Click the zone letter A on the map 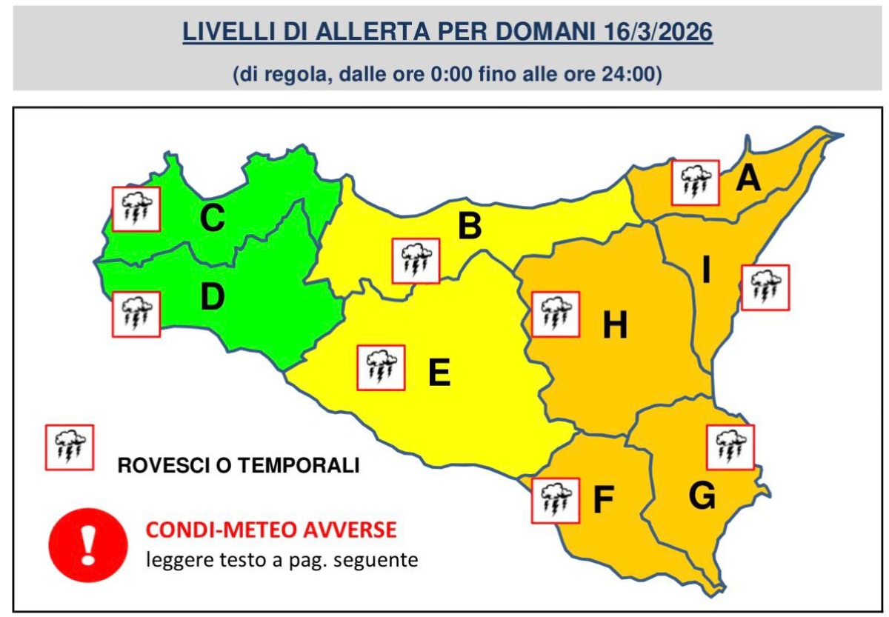pos(748,179)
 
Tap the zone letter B pos(470,226)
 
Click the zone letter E pos(439,373)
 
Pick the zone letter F pos(603,501)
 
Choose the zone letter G pos(702,497)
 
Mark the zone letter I pos(706,272)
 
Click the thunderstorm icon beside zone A pos(695,181)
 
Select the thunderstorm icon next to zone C pos(136,209)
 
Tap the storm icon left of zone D pos(136,314)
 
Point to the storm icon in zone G pos(730,447)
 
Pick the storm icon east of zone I pos(765,287)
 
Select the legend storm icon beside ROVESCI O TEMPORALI pos(70,447)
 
